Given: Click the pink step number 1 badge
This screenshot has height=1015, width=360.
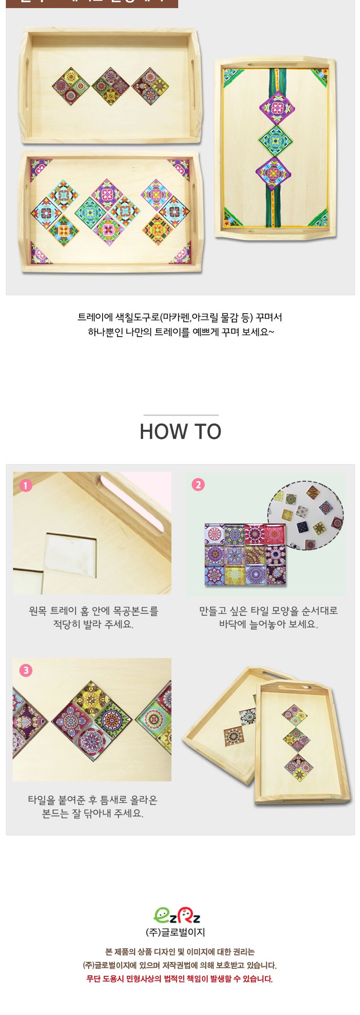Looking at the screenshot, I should pyautogui.click(x=26, y=486).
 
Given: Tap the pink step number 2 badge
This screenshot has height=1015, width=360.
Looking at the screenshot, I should pyautogui.click(x=198, y=485).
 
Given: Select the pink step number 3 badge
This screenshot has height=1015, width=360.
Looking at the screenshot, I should pyautogui.click(x=26, y=670).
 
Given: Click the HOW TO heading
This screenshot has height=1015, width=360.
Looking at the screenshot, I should pyautogui.click(x=180, y=431).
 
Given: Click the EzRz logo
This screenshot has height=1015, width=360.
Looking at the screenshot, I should pyautogui.click(x=177, y=915).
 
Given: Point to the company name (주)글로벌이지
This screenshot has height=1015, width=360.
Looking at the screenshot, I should pyautogui.click(x=175, y=932).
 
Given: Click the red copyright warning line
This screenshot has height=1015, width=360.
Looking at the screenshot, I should pyautogui.click(x=180, y=979).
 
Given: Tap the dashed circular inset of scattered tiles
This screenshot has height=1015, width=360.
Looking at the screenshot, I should pyautogui.click(x=306, y=515).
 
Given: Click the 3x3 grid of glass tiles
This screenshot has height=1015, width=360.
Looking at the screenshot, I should pyautogui.click(x=246, y=555).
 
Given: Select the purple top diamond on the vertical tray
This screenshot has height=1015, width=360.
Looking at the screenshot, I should pyautogui.click(x=277, y=108).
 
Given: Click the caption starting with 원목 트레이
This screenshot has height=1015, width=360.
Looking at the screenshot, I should pyautogui.click(x=93, y=617).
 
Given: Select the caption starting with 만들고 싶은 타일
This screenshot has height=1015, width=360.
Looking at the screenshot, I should pyautogui.click(x=268, y=617).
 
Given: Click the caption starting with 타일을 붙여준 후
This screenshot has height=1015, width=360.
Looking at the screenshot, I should pyautogui.click(x=93, y=806).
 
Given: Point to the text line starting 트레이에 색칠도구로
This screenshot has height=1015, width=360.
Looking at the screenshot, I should pyautogui.click(x=180, y=317).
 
